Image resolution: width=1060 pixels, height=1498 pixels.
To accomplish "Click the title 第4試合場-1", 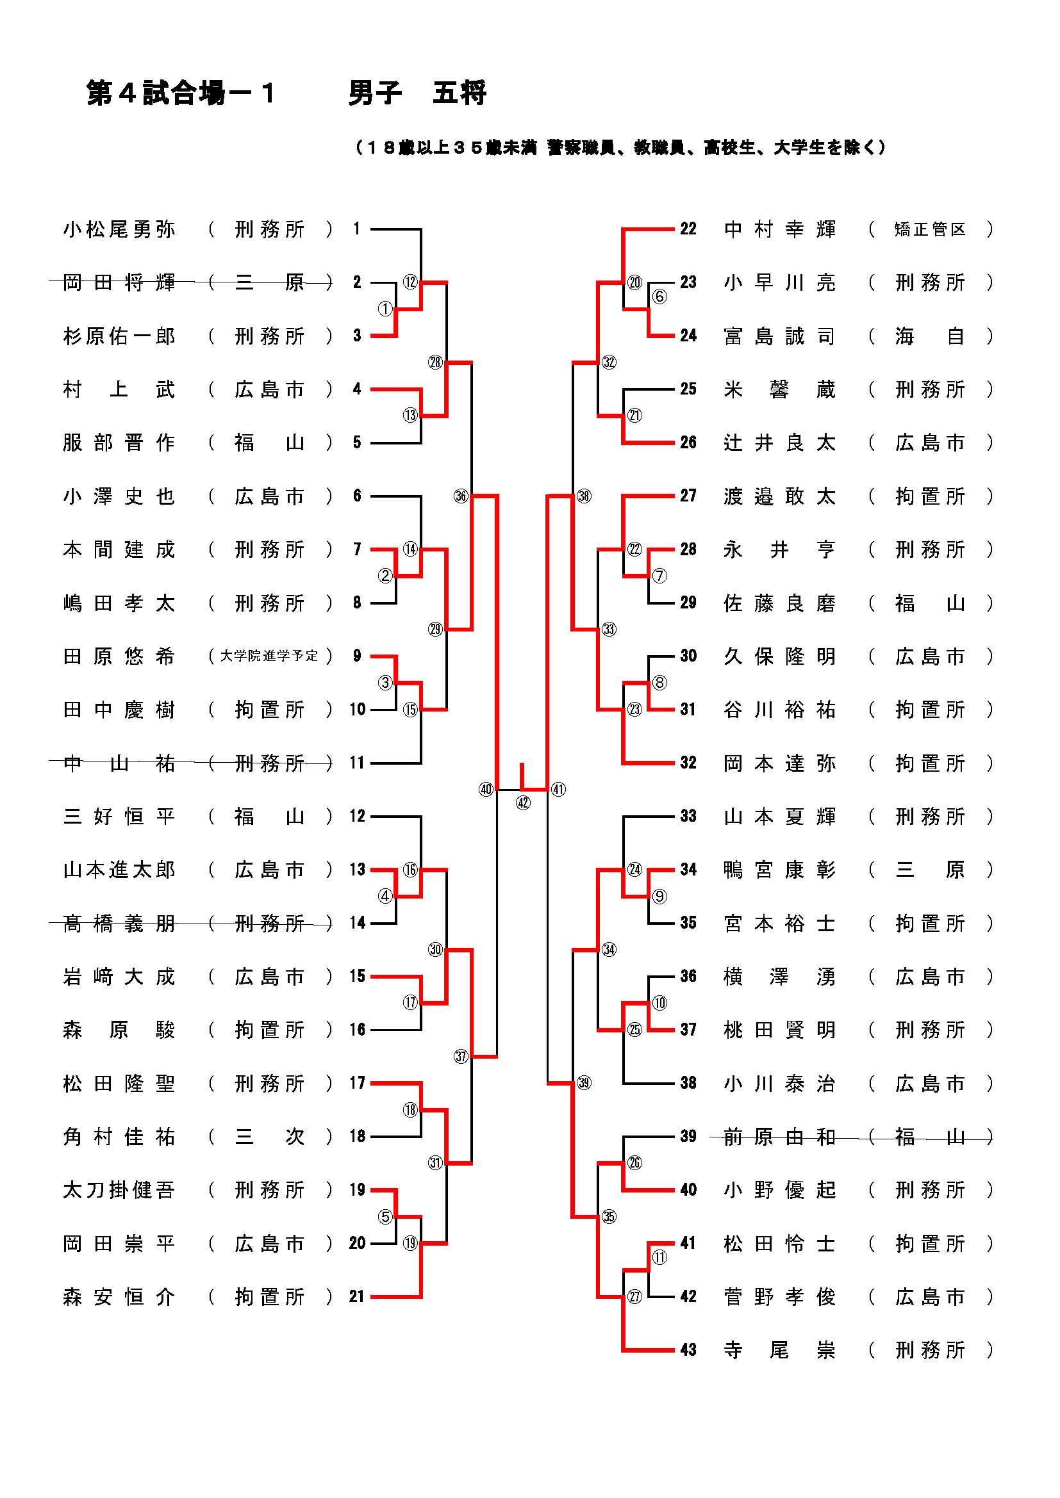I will click(x=180, y=94).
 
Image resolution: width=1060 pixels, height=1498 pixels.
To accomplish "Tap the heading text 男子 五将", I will click(x=417, y=94).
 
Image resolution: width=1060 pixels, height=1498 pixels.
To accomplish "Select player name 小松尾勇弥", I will click(x=119, y=229).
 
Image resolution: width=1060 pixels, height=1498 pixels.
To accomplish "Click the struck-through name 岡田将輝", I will click(x=119, y=282).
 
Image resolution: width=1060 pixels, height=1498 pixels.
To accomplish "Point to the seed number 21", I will click(x=356, y=1296).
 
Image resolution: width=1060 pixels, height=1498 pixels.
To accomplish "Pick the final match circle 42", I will click(x=523, y=803).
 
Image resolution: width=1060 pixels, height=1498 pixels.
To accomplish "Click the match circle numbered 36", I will click(x=461, y=496).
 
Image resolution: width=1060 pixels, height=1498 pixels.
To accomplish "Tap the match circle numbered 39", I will click(x=584, y=1083).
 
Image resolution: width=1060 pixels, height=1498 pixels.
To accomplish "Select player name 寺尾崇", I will click(x=779, y=1350).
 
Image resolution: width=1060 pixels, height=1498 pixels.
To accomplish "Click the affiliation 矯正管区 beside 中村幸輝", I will click(x=929, y=229).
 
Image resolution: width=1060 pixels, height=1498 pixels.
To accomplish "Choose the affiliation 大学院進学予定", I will click(x=269, y=656).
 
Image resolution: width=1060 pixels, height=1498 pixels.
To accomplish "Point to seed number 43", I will click(x=688, y=1350).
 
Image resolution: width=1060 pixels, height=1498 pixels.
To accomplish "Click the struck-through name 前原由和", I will click(x=779, y=1137).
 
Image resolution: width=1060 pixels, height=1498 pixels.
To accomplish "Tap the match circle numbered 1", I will click(x=385, y=309).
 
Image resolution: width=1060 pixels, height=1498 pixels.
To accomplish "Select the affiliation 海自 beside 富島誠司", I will click(x=929, y=336).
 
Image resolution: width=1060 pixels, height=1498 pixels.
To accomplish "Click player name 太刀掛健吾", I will click(x=119, y=1190).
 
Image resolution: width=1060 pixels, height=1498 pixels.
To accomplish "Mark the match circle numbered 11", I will click(x=659, y=1257).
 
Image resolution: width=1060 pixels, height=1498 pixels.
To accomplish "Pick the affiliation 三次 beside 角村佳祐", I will click(x=269, y=1137).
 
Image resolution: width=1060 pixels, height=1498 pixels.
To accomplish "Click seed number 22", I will click(x=688, y=229).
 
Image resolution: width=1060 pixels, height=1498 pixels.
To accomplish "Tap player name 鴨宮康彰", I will click(x=779, y=870).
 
